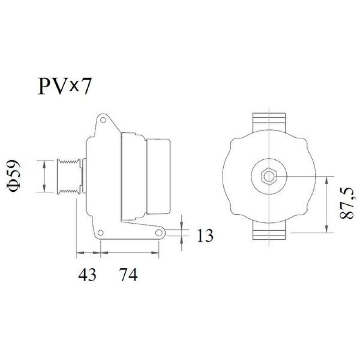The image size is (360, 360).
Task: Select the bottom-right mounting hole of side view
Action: pos(159,233)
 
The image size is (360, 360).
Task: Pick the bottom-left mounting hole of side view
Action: pos(101,233)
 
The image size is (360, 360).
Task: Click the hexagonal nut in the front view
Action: pos(269,176)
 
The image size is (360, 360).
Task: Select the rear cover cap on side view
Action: pos(157,175)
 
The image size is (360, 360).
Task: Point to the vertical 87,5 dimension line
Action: pos(327,205)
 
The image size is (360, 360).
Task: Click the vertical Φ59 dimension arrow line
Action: pos(44,176)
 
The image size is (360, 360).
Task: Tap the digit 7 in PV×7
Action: pos(85,86)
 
